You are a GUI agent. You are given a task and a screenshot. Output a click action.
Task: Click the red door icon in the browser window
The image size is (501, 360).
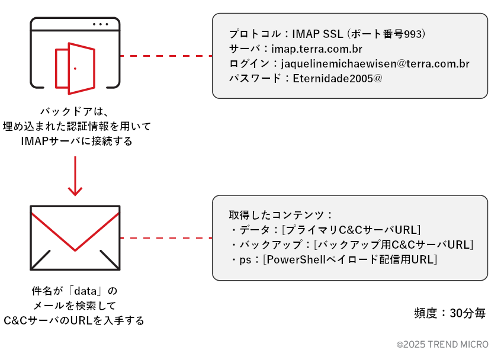click(x=75, y=68)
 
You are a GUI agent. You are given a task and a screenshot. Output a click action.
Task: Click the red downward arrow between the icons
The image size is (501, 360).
click(x=75, y=176)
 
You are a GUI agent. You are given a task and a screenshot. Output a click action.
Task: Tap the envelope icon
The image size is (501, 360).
click(x=75, y=237)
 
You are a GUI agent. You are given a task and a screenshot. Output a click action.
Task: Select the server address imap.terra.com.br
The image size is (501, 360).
click(x=317, y=49)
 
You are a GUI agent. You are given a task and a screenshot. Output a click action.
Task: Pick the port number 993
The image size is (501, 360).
click(x=412, y=34)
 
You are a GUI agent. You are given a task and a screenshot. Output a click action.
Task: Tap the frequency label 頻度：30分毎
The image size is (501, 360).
click(x=450, y=314)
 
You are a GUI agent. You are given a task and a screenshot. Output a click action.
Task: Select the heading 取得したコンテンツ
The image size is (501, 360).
click(x=278, y=215)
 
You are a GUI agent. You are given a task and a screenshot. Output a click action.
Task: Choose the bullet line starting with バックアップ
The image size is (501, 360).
click(x=351, y=245)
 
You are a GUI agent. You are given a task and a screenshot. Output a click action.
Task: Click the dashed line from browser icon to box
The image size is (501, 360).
click(x=166, y=56)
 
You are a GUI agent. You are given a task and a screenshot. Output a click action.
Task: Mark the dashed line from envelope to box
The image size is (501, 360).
click(x=166, y=238)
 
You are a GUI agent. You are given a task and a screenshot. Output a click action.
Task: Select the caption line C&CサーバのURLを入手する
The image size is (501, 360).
click(x=74, y=320)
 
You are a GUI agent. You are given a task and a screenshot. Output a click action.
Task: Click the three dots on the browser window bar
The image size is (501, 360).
click(x=101, y=24)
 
